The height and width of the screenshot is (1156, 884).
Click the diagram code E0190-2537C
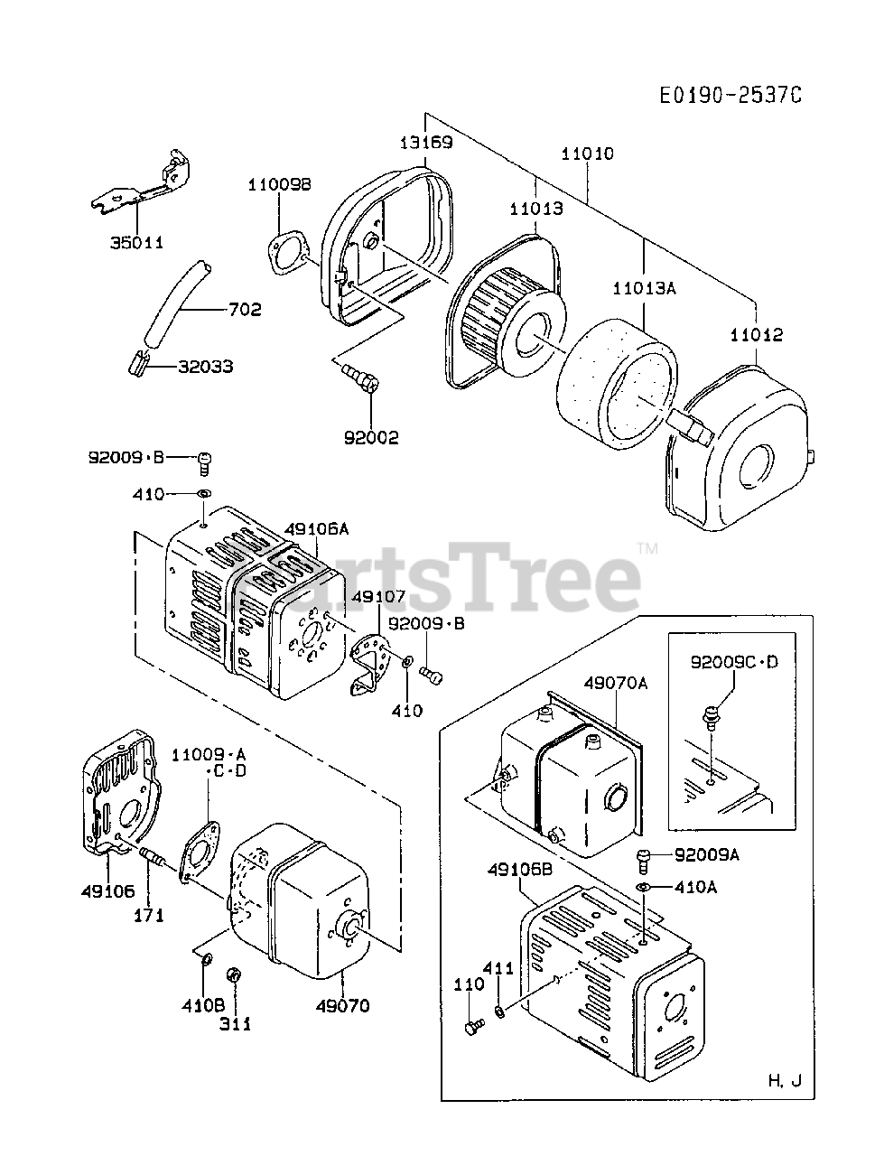pyautogui.click(x=730, y=95)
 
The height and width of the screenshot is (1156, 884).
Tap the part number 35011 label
pyautogui.click(x=138, y=243)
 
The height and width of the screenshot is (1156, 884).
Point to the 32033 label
pyautogui.click(x=205, y=366)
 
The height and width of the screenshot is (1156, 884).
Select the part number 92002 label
pyautogui.click(x=370, y=438)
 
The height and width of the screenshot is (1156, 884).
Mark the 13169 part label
pyautogui.click(x=426, y=142)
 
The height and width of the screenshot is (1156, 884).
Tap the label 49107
pyautogui.click(x=378, y=596)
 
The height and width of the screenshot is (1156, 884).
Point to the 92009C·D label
pyautogui.click(x=733, y=663)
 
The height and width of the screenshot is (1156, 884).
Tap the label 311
pyautogui.click(x=237, y=1024)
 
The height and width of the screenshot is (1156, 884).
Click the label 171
pyautogui.click(x=149, y=915)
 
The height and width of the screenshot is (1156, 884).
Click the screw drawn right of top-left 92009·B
pyautogui.click(x=204, y=462)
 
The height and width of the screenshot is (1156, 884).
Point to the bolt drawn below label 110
pyautogui.click(x=472, y=1027)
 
